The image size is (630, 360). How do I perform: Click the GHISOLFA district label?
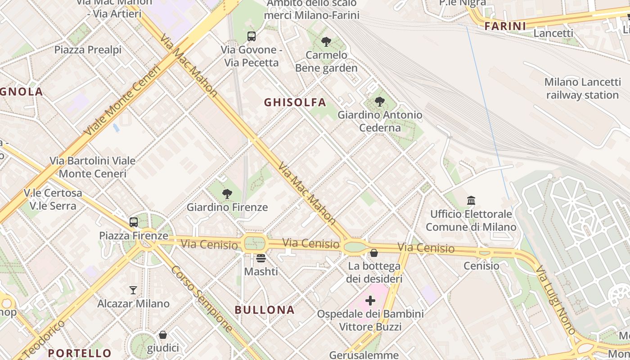point(295,103)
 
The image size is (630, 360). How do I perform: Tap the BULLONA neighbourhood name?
point(265,310)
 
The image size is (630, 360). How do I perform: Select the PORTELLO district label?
point(80,353)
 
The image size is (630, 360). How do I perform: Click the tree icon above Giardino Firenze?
point(227,194)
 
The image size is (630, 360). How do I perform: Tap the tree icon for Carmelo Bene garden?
point(326,42)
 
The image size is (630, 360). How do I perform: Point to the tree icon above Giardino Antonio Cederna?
point(380,102)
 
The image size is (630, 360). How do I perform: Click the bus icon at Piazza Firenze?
point(134,222)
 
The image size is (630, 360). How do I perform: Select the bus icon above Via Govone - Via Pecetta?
point(252,36)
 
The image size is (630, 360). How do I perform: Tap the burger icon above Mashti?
point(261,258)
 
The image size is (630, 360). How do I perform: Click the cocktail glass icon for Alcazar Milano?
point(133,290)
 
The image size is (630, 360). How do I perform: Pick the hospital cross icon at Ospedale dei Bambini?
point(370,300)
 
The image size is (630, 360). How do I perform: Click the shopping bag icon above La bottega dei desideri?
point(374,253)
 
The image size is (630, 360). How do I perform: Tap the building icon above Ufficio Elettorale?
point(471,200)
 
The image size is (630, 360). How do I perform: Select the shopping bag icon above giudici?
point(163,335)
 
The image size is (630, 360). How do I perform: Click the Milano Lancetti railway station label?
point(582,89)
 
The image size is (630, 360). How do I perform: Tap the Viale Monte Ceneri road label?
point(122,101)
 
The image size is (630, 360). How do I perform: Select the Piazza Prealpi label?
point(88,49)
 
